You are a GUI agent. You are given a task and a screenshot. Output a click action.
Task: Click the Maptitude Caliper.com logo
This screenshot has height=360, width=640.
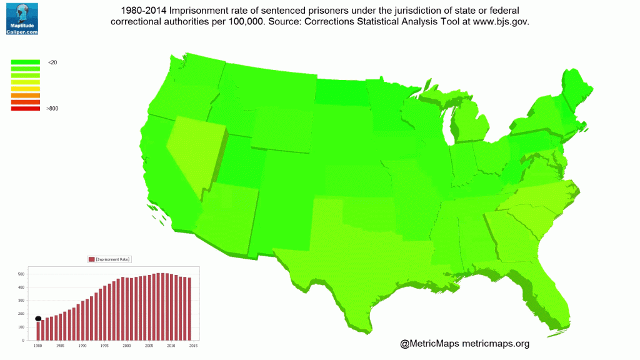click(x=22, y=18)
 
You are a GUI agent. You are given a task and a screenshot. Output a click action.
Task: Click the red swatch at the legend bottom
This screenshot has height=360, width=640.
click(x=25, y=109)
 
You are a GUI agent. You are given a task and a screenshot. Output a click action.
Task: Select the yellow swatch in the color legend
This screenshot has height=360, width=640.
click(x=25, y=89)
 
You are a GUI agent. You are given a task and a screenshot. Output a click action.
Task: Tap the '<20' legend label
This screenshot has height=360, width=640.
click(x=52, y=62)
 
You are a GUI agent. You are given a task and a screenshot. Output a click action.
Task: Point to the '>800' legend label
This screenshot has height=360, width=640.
click(x=52, y=109)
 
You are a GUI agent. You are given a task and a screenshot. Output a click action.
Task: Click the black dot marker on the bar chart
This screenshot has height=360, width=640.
click(x=38, y=319)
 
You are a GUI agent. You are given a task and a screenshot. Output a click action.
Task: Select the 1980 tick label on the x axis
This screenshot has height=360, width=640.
click(x=37, y=346)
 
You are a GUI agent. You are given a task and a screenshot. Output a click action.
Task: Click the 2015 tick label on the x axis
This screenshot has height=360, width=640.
click(x=194, y=346)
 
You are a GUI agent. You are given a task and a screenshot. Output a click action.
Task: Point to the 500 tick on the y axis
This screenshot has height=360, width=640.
click(x=21, y=274)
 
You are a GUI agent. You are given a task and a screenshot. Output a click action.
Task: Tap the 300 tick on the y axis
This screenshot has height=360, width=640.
click(x=21, y=301)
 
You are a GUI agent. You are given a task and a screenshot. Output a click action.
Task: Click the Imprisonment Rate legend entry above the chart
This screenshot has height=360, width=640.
click(x=110, y=259)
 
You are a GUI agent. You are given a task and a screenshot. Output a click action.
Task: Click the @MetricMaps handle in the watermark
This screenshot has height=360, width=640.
click(x=429, y=343)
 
